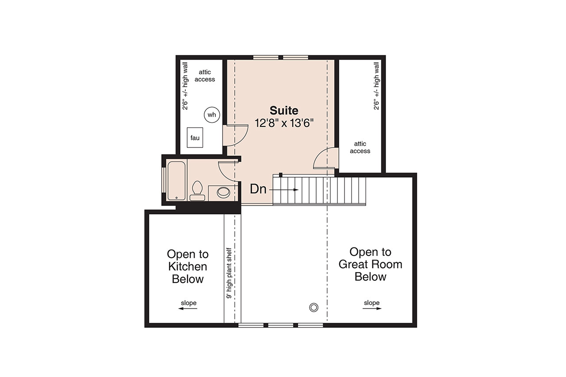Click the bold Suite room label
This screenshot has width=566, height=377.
[x=284, y=110]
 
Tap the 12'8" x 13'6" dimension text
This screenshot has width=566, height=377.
[x=284, y=123]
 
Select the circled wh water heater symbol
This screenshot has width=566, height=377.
[x=212, y=115]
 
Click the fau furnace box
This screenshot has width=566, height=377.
[x=195, y=137]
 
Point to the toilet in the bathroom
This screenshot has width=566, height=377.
[x=197, y=191]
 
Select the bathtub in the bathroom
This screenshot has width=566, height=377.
[x=176, y=181]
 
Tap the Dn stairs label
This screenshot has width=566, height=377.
[x=258, y=189]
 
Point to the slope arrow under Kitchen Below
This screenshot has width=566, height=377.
[x=188, y=309]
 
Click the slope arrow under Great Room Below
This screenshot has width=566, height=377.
[x=372, y=309]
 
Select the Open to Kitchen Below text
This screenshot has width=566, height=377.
[x=187, y=267]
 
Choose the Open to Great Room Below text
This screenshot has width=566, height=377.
[x=370, y=264]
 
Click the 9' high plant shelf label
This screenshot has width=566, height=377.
[x=229, y=274]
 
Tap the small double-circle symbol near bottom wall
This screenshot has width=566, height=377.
[x=314, y=307]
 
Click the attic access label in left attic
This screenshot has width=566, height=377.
[x=205, y=76]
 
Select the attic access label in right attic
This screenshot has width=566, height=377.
[x=360, y=147]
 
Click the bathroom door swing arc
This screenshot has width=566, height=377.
[x=229, y=171]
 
